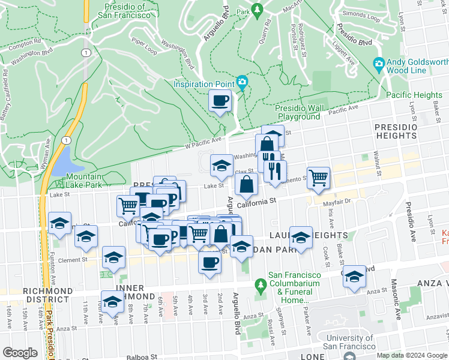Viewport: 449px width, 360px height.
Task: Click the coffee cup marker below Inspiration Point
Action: [x=220, y=101]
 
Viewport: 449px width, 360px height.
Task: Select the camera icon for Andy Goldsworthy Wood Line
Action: [x=379, y=64]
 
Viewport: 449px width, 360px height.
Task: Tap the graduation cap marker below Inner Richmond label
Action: [x=112, y=303]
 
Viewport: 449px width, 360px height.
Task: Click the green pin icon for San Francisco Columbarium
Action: [x=260, y=283]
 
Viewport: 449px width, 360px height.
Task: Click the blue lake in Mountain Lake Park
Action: [x=64, y=160]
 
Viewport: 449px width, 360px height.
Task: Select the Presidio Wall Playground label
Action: [x=298, y=112]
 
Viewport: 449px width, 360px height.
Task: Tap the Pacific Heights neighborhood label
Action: [x=414, y=95]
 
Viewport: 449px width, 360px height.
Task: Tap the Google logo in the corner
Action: [x=20, y=353]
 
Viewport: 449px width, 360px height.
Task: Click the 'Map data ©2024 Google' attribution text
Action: [x=411, y=355]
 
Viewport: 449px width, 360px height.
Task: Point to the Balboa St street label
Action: [x=142, y=357]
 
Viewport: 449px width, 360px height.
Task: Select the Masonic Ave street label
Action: [x=397, y=305]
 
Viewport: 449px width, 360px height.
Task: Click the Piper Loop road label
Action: [x=144, y=47]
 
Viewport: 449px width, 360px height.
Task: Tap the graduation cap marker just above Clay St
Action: [x=221, y=166]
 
